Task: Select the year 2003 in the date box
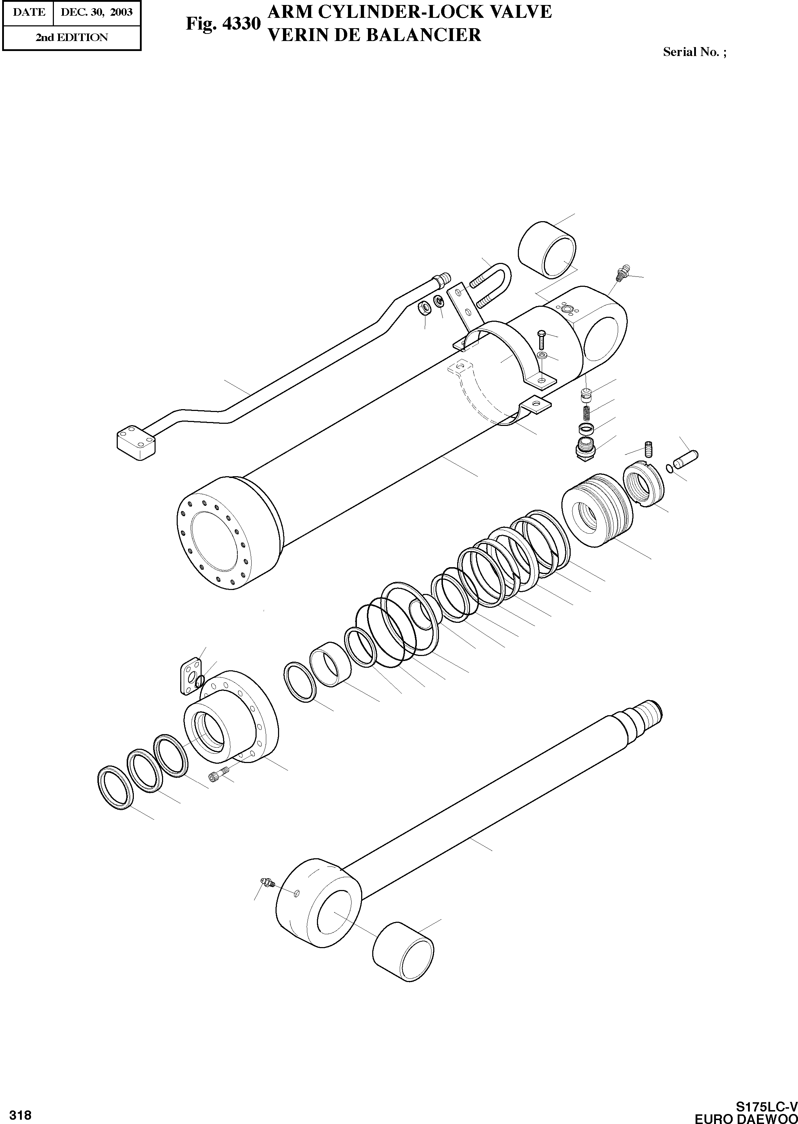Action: coord(121,12)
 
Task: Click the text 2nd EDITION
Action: coord(72,37)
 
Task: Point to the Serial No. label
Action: coord(694,52)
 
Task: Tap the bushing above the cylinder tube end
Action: coord(547,249)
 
